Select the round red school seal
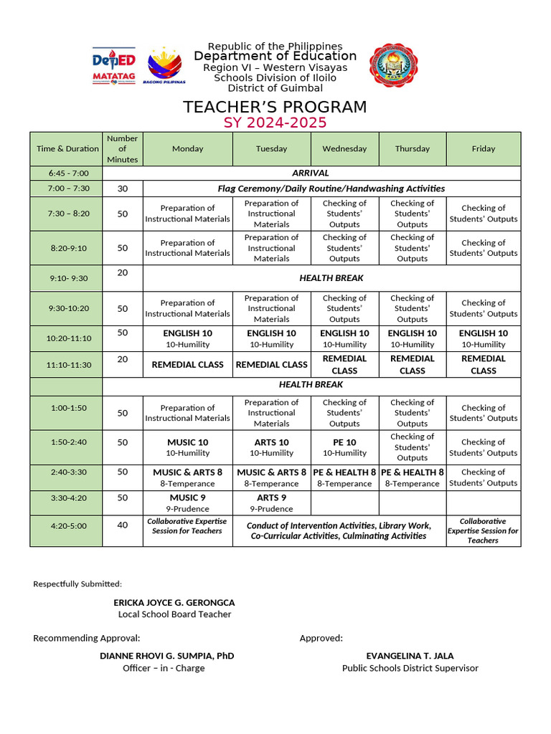[395, 65]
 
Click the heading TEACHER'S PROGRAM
[275, 107]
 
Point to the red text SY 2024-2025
[275, 123]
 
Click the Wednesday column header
[344, 148]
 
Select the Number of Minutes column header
[123, 148]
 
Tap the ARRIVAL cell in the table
[311, 173]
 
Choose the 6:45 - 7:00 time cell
[68, 173]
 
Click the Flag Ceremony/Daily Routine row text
[331, 189]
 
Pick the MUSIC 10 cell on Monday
[187, 447]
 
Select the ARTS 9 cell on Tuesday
[271, 502]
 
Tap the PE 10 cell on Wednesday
[344, 447]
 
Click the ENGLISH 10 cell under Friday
[483, 338]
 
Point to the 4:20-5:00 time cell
[68, 525]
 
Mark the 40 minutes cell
[123, 525]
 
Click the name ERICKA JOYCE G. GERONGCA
[174, 603]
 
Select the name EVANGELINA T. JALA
[410, 656]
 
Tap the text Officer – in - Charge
[164, 668]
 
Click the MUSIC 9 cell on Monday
[187, 502]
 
